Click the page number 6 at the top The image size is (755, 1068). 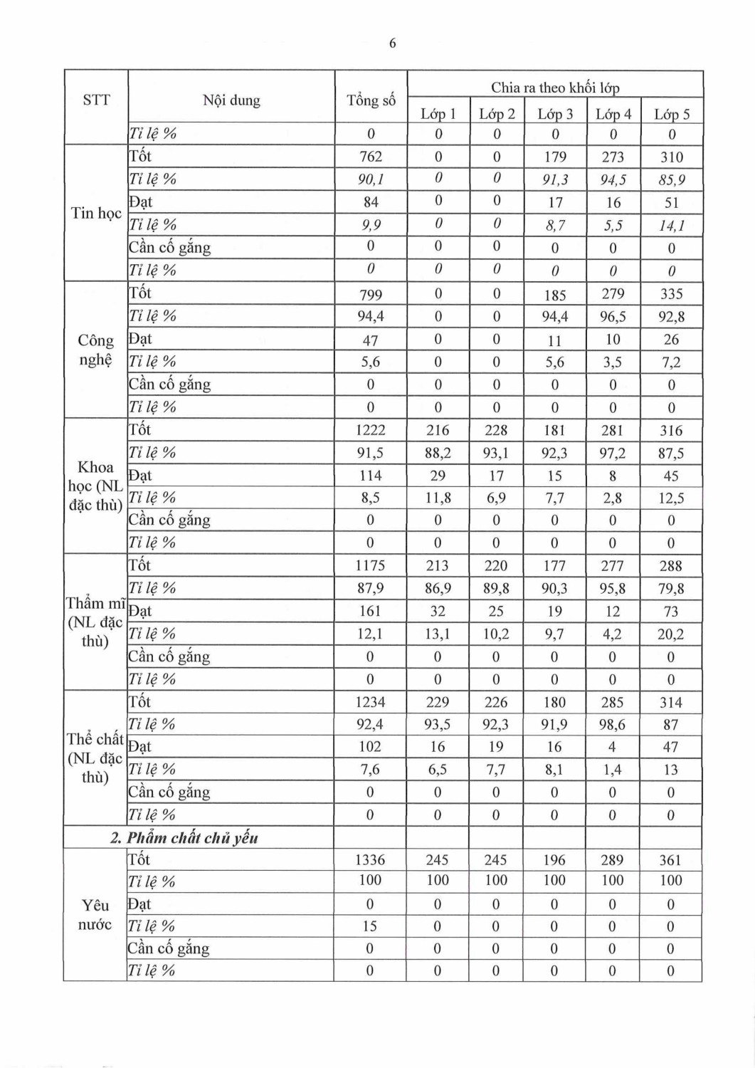(392, 44)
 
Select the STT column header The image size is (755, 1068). (96, 100)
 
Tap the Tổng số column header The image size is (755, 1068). (371, 100)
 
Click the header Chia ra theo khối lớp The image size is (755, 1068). (555, 88)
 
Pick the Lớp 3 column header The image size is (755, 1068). (555, 114)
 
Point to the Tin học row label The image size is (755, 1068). (96, 213)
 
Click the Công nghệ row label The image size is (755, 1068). (95, 350)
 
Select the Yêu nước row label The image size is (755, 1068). (95, 915)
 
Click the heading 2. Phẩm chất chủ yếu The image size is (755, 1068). (184, 838)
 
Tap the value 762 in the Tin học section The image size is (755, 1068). (371, 157)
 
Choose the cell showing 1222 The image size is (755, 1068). (371, 430)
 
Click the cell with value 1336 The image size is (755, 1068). (370, 860)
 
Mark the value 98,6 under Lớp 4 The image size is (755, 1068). (612, 725)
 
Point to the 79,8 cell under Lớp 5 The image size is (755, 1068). (671, 589)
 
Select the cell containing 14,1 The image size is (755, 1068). (671, 226)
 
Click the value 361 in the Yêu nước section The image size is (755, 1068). (670, 860)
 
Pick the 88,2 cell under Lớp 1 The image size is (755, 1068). (438, 453)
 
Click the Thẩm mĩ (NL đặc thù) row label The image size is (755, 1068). (95, 622)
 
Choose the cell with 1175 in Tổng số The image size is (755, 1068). (370, 566)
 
